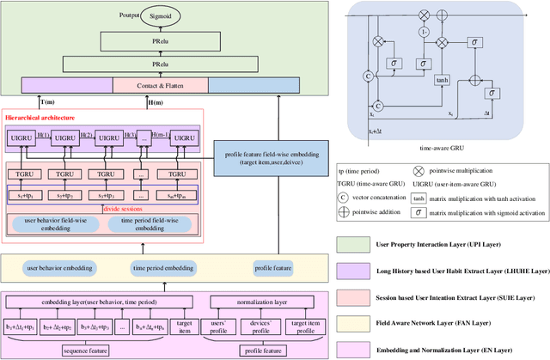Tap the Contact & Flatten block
pos(159,85)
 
